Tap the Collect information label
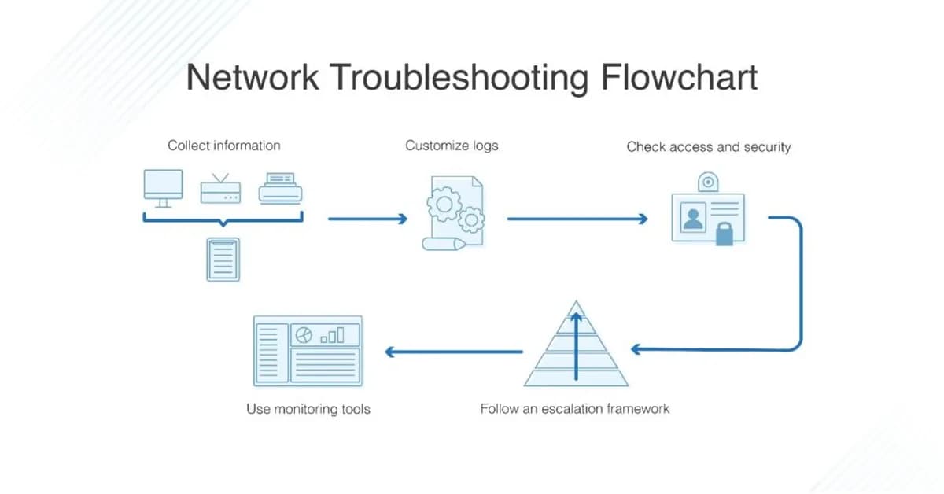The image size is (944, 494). tap(224, 146)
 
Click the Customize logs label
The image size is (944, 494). tap(452, 146)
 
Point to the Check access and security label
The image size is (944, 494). tap(708, 147)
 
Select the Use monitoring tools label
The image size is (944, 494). tap(308, 409)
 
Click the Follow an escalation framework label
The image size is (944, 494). tap(575, 409)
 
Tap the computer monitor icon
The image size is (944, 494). tap(163, 187)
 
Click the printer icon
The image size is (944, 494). tap(281, 189)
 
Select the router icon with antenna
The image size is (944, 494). tap(220, 190)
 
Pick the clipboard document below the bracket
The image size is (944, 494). tap(223, 259)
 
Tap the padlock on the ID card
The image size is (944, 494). tap(725, 234)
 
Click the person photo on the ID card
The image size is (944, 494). tap(693, 217)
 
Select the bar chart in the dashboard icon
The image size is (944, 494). tap(333, 335)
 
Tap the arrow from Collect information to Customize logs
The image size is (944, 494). tap(367, 219)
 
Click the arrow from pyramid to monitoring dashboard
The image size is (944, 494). tap(454, 352)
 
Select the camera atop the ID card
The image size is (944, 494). tap(709, 182)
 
